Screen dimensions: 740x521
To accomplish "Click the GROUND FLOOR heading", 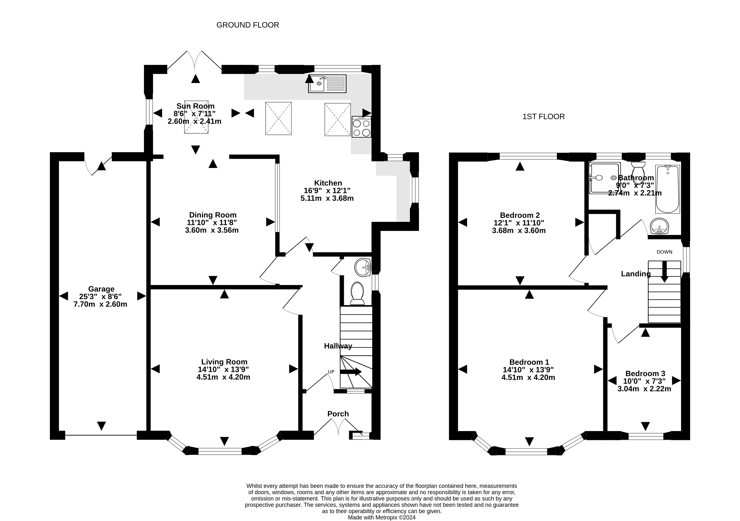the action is (x=248, y=25).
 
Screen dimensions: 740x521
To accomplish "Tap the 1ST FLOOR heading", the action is (x=543, y=117).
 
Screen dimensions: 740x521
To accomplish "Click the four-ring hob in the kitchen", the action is (x=361, y=127).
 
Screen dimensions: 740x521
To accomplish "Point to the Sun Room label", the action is (x=195, y=106).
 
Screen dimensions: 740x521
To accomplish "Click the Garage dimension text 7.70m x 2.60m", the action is (x=100, y=304).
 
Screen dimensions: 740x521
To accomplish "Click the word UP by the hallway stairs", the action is (x=331, y=372).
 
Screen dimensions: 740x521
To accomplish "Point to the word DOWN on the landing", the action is (x=664, y=252).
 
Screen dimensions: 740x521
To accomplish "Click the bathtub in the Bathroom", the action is (x=667, y=189).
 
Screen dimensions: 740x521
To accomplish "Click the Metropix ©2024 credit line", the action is (x=382, y=518).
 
